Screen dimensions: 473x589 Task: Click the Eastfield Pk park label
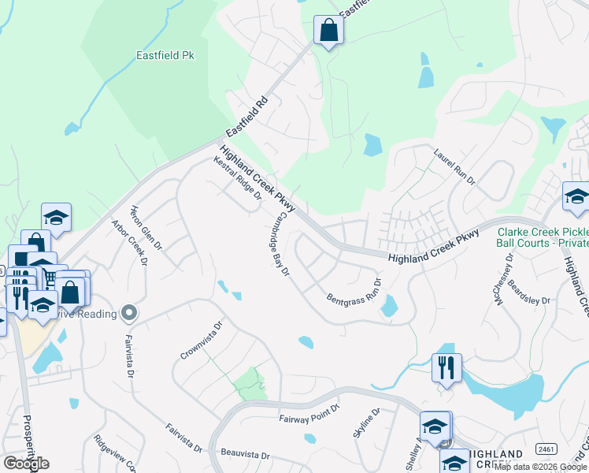click(165, 56)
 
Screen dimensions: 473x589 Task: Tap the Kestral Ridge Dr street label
click(237, 178)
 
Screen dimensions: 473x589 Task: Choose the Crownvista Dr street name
click(202, 340)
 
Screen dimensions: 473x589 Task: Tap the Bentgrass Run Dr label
click(354, 292)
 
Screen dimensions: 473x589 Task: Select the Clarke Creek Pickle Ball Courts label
click(543, 237)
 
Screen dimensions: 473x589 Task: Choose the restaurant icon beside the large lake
click(446, 367)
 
